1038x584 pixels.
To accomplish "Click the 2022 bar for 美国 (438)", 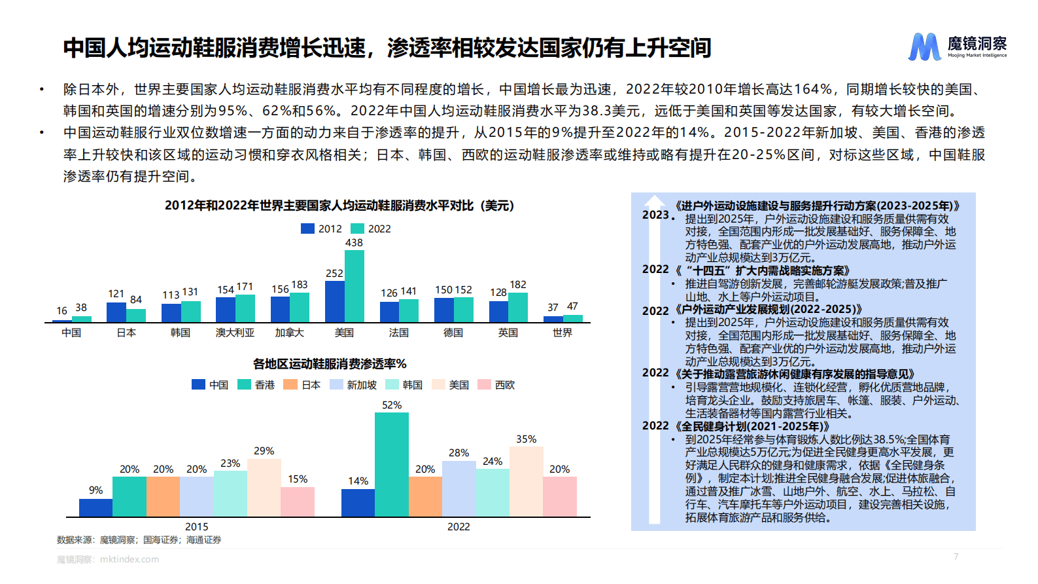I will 355,286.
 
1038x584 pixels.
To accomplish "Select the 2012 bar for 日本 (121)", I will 116,312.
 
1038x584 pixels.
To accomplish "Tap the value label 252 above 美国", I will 334,274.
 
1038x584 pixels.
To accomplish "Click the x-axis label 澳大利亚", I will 235,333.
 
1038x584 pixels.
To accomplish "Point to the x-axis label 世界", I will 562,333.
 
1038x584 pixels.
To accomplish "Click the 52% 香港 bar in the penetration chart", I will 392,464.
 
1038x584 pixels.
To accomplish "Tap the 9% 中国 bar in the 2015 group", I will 95,507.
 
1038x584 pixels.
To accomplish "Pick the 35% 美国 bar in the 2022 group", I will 526,481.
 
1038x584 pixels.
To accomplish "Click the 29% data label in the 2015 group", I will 264,451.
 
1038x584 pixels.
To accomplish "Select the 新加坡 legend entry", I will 354,385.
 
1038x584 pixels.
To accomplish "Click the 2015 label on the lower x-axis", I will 196,526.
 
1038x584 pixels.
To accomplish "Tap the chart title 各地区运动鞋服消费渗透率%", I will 330,364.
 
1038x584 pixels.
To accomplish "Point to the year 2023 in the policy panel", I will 655,215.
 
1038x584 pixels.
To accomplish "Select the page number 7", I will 956,557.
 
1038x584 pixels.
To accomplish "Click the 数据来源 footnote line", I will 139,540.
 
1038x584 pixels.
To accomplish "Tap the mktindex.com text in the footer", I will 130,559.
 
